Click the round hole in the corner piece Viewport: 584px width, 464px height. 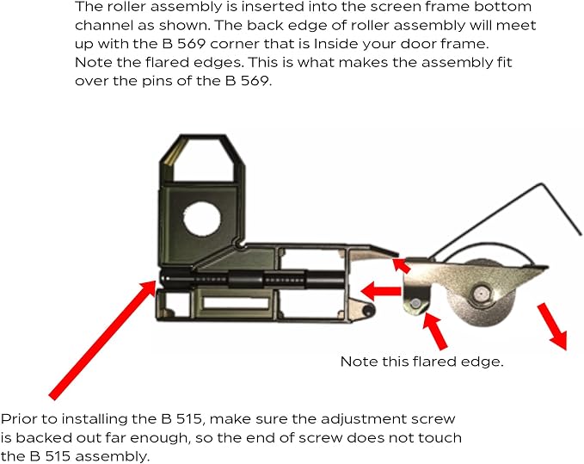pos(202,218)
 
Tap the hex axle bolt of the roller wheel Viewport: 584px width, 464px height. pos(480,294)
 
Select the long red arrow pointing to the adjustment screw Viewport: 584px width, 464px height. pos(102,340)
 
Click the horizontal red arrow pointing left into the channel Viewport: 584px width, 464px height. pos(380,291)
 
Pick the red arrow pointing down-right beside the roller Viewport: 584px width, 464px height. pos(552,325)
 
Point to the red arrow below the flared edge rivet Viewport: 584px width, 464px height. pos(435,331)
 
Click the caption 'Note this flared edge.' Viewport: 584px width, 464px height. pos(421,362)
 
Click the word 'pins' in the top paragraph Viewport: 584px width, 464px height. pos(157,81)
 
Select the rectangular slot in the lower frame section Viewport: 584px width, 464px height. pos(237,302)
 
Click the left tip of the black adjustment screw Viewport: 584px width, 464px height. pos(161,279)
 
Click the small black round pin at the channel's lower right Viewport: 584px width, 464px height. pos(369,310)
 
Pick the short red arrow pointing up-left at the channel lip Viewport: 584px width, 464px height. pos(402,265)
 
